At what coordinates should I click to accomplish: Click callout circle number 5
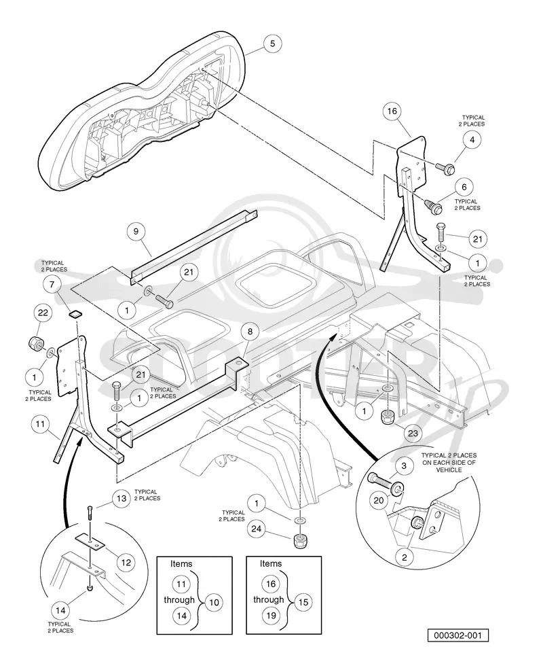[x=272, y=43]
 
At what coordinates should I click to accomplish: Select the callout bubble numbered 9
[x=136, y=231]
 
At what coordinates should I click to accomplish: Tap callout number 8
[x=250, y=332]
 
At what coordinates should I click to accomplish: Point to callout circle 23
[x=413, y=434]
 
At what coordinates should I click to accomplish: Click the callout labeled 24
[x=256, y=529]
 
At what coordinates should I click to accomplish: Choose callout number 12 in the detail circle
[x=126, y=563]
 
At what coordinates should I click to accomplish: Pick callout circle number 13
[x=121, y=498]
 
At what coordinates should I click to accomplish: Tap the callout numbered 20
[x=378, y=500]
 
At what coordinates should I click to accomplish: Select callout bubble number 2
[x=405, y=557]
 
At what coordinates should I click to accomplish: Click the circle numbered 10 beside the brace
[x=214, y=602]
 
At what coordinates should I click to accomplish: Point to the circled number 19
[x=271, y=616]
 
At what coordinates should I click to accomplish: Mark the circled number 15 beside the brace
[x=303, y=602]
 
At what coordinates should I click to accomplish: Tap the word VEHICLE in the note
[x=449, y=470]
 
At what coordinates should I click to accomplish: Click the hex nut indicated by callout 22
[x=34, y=343]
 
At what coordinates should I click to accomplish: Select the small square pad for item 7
[x=75, y=315]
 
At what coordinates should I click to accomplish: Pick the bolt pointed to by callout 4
[x=445, y=168]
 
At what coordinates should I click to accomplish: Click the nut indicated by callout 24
[x=301, y=541]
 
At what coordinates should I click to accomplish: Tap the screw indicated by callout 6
[x=434, y=207]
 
